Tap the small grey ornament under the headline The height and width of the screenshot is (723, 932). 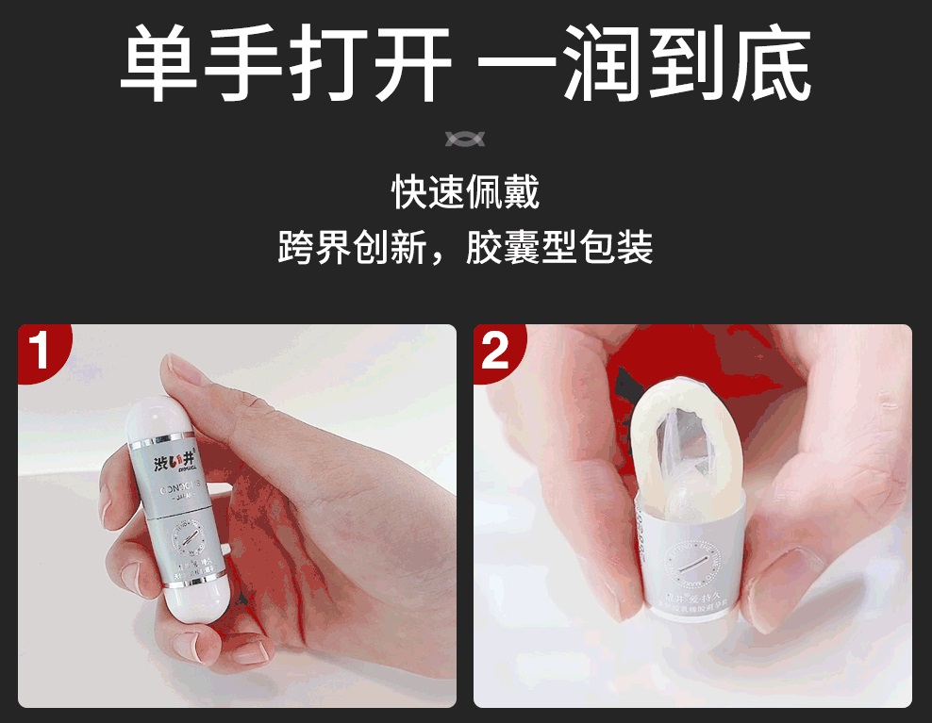pos(465,140)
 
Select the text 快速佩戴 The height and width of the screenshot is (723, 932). pos(465,193)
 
